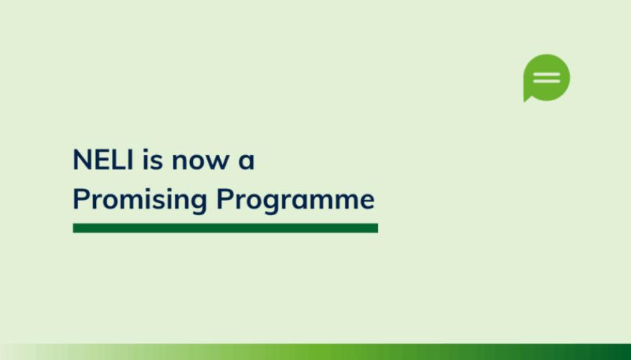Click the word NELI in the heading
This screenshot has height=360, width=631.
pyautogui.click(x=103, y=159)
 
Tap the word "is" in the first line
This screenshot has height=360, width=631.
pyautogui.click(x=153, y=159)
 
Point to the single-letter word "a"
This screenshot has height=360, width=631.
pyautogui.click(x=246, y=162)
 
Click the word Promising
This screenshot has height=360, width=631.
pyautogui.click(x=140, y=200)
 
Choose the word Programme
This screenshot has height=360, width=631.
pyautogui.click(x=295, y=200)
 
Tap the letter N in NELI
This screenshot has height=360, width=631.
pyautogui.click(x=82, y=159)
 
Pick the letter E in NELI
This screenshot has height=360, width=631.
pyautogui.click(x=105, y=159)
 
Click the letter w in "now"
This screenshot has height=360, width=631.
pyautogui.click(x=218, y=162)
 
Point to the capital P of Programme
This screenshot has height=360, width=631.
pyautogui.click(x=224, y=199)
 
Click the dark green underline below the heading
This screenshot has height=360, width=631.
pyautogui.click(x=225, y=228)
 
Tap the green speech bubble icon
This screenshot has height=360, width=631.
pyautogui.click(x=546, y=77)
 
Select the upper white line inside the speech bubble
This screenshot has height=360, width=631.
pyautogui.click(x=546, y=75)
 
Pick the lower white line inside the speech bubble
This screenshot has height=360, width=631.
pyautogui.click(x=546, y=81)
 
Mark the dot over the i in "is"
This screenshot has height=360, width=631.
pyautogui.click(x=146, y=150)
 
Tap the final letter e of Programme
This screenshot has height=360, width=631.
pyautogui.click(x=366, y=202)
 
